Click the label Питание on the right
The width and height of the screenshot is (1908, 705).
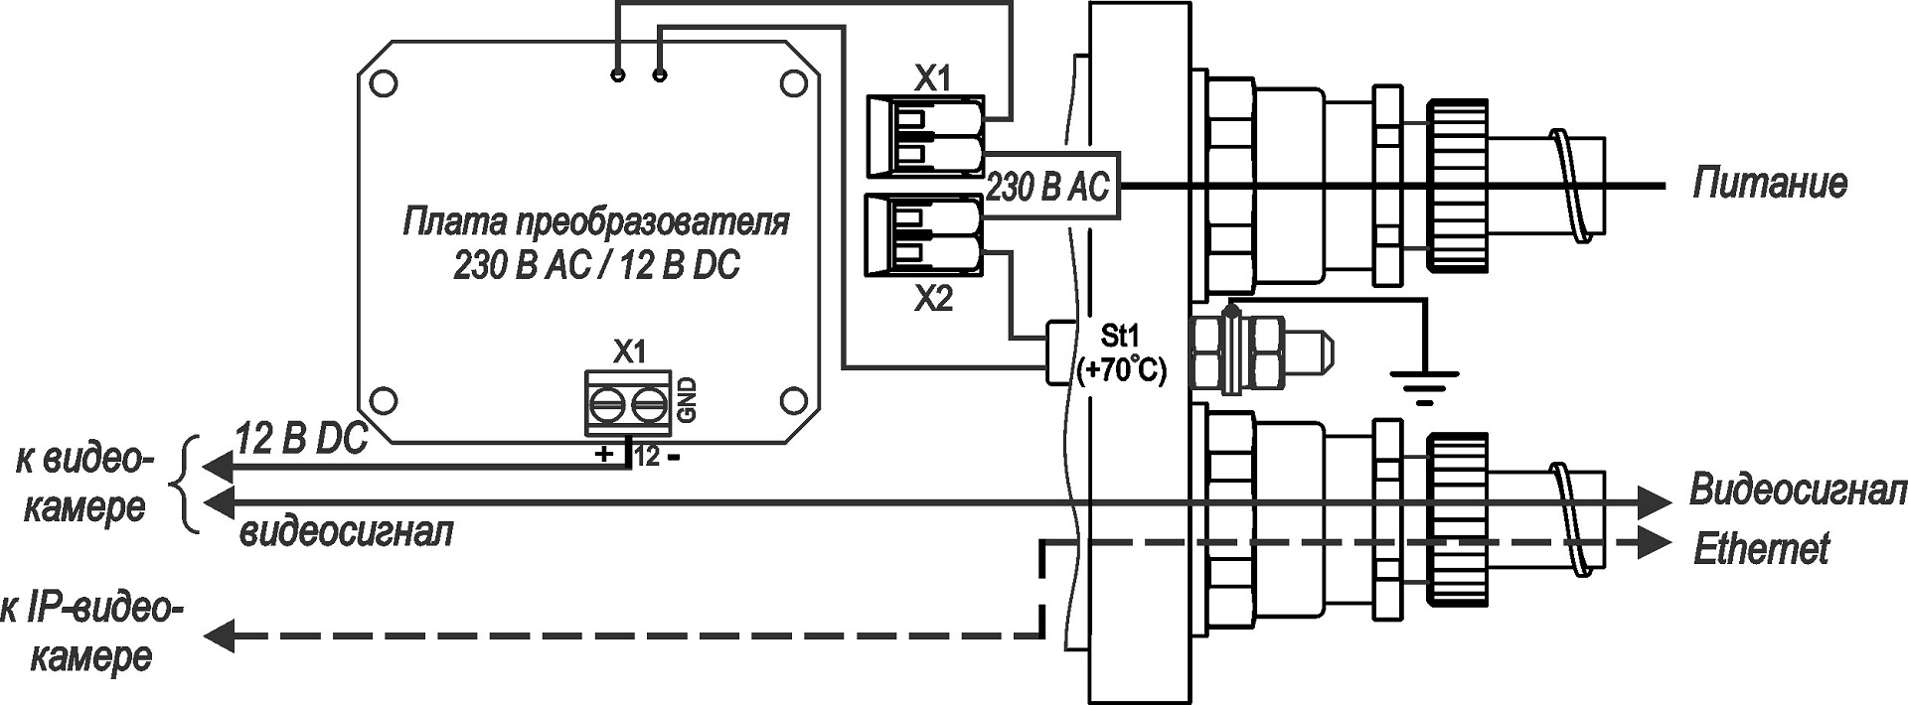pyautogui.click(x=1769, y=184)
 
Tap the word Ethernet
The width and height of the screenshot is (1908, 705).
pyautogui.click(x=1760, y=549)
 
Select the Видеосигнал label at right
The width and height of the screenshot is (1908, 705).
pyautogui.click(x=1797, y=492)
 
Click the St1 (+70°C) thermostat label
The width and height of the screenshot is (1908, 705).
pyautogui.click(x=1121, y=352)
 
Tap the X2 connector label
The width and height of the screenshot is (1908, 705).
pyautogui.click(x=932, y=298)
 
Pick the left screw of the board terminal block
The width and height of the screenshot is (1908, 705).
pyautogui.click(x=606, y=404)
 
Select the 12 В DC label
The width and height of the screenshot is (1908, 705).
pyautogui.click(x=301, y=439)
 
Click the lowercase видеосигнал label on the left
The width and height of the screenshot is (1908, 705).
pyautogui.click(x=347, y=532)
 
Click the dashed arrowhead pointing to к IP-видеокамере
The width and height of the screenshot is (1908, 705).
pyautogui.click(x=219, y=634)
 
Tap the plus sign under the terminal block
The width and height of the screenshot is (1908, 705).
pyautogui.click(x=603, y=456)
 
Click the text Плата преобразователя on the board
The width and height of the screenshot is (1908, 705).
pyautogui.click(x=596, y=221)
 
